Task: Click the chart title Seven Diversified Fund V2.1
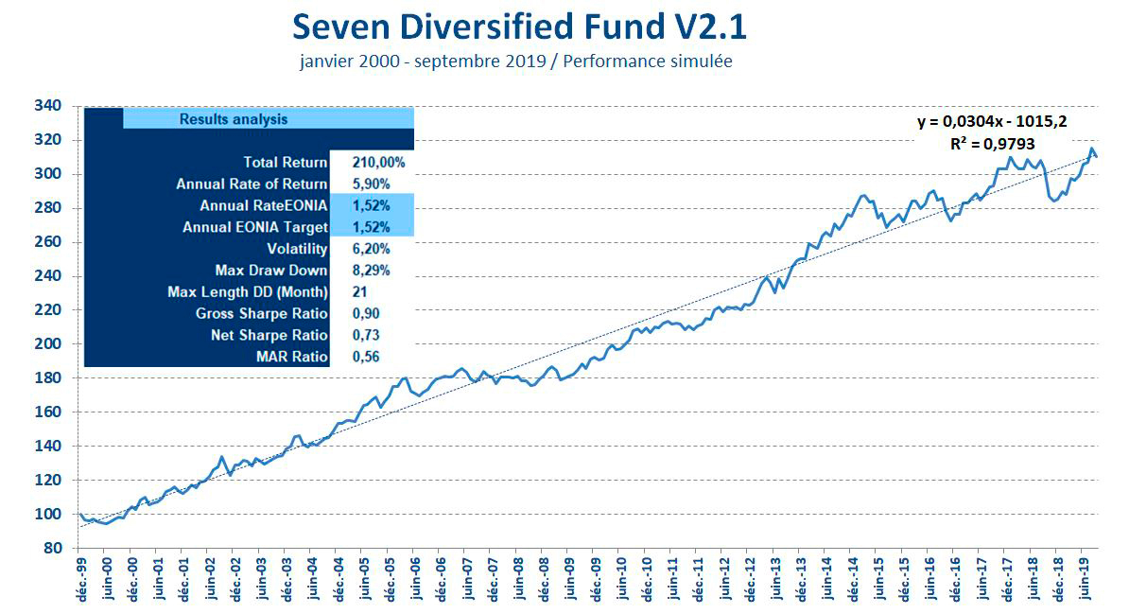pyautogui.click(x=519, y=26)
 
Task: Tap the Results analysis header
pyautogui.click(x=234, y=119)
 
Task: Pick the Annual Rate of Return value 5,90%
pyautogui.click(x=371, y=184)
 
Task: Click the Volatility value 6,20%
pyautogui.click(x=371, y=249)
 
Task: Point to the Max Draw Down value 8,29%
pyautogui.click(x=371, y=271)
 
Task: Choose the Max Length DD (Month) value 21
pyautogui.click(x=360, y=291)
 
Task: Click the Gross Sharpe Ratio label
pyautogui.click(x=261, y=313)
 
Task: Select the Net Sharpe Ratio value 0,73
pyautogui.click(x=366, y=335)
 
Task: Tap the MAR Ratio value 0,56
pyautogui.click(x=366, y=357)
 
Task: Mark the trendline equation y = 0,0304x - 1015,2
pyautogui.click(x=993, y=122)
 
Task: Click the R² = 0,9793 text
pyautogui.click(x=992, y=145)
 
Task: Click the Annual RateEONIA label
pyautogui.click(x=264, y=206)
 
